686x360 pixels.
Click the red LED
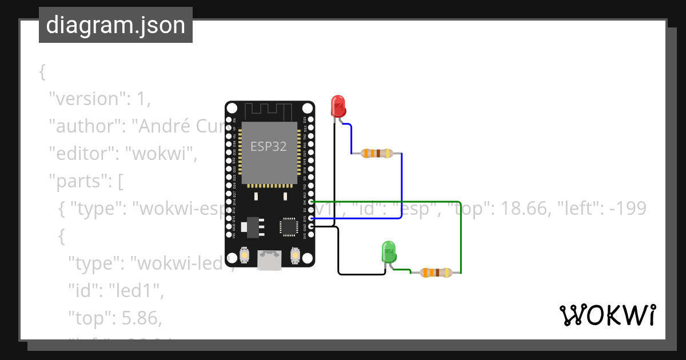tap(338, 106)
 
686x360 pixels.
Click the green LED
tap(388, 252)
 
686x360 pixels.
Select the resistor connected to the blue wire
tap(377, 153)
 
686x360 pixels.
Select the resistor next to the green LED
tap(436, 273)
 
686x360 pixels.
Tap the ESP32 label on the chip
tap(269, 146)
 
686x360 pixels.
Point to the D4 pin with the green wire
tap(311, 202)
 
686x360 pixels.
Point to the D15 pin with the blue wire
tap(311, 218)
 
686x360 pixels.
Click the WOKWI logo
tap(607, 315)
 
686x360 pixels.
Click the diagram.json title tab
tap(115, 25)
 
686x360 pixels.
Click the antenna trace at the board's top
tap(269, 110)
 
